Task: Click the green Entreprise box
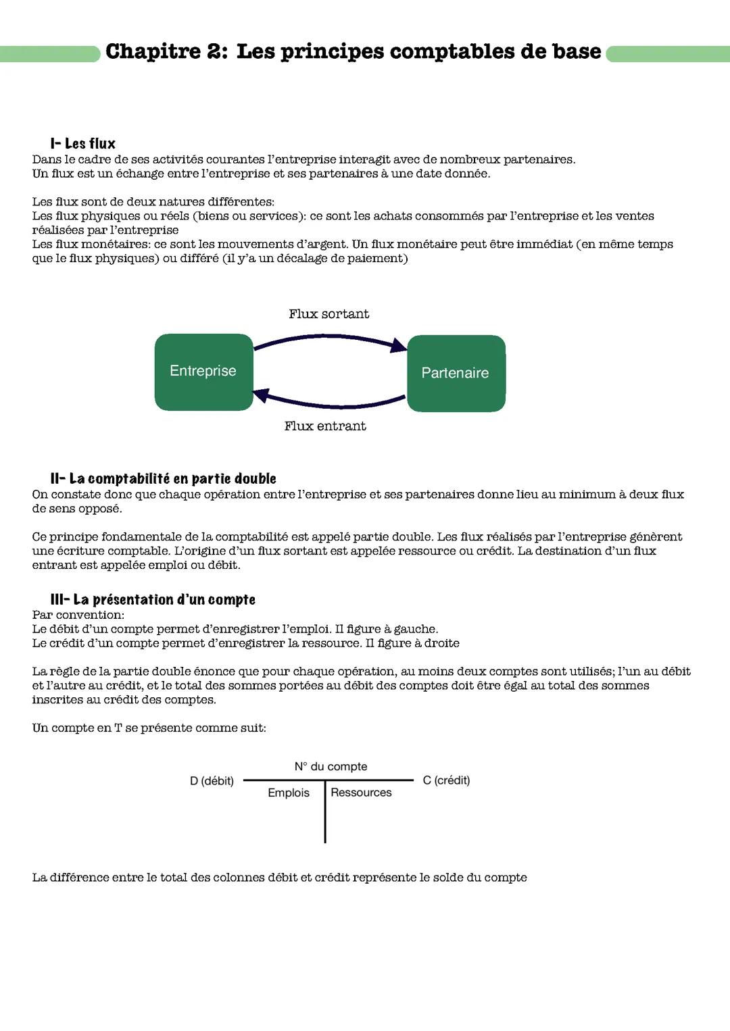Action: (x=203, y=372)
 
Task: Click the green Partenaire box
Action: (x=456, y=373)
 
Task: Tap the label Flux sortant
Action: (x=328, y=314)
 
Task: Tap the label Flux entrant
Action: (x=325, y=426)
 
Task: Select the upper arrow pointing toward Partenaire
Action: (x=330, y=338)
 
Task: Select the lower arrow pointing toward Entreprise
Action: (x=330, y=404)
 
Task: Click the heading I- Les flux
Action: (x=82, y=144)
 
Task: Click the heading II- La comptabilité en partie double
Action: (x=163, y=479)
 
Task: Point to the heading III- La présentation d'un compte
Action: (x=153, y=600)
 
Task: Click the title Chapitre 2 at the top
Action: (x=353, y=51)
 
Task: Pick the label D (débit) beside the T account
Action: (x=212, y=781)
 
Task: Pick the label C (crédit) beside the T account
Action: (x=446, y=780)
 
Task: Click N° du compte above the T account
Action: (x=331, y=767)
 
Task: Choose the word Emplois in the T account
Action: (x=289, y=793)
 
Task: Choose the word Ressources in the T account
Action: (x=361, y=793)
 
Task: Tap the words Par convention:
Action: (x=78, y=615)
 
